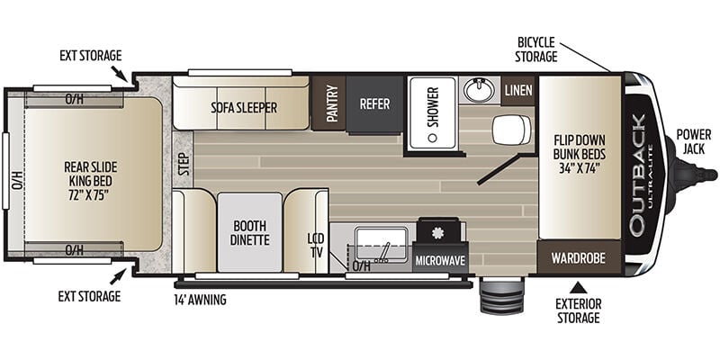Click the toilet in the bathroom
[x=511, y=130]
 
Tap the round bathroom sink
[x=480, y=89]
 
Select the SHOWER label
[x=434, y=107]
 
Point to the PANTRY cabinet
[x=328, y=103]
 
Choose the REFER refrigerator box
[x=374, y=104]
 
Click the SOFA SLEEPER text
[x=244, y=107]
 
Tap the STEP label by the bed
[x=184, y=164]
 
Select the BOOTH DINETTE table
[x=250, y=232]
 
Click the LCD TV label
[x=316, y=245]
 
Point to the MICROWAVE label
[x=440, y=261]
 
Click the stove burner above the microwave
[x=438, y=232]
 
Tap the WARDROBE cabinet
[x=579, y=258]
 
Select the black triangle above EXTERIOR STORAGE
[x=578, y=288]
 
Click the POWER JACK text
[x=693, y=142]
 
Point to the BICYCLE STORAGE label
[x=535, y=49]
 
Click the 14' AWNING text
[x=200, y=300]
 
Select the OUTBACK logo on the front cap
[x=639, y=175]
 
